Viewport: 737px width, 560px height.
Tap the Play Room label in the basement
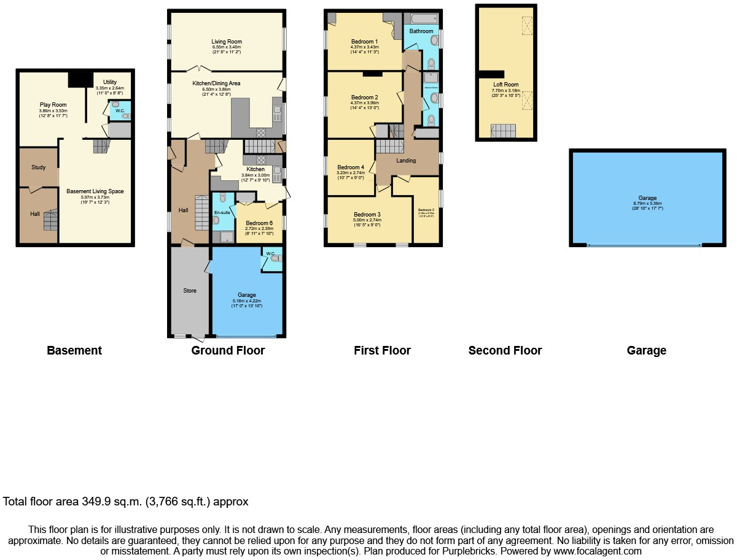pyautogui.click(x=53, y=105)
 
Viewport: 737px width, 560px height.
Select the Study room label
pyautogui.click(x=38, y=167)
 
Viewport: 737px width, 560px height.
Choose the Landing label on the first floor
pyautogui.click(x=406, y=161)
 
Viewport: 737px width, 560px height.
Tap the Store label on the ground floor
pyautogui.click(x=190, y=290)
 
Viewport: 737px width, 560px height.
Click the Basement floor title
pyautogui.click(x=74, y=351)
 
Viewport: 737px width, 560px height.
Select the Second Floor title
pyautogui.click(x=505, y=351)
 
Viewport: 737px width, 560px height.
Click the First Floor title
pyautogui.click(x=382, y=351)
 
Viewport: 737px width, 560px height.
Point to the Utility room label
pyautogui.click(x=110, y=82)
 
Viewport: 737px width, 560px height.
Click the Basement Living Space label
pyautogui.click(x=95, y=191)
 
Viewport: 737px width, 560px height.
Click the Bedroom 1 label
pyautogui.click(x=364, y=42)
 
